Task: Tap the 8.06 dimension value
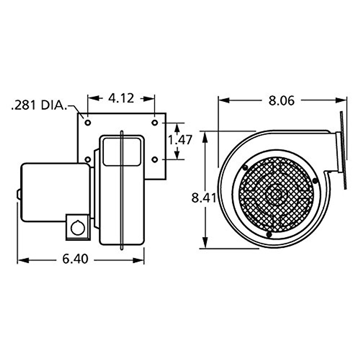point(281,101)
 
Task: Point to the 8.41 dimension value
point(204,198)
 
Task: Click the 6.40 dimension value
point(75,259)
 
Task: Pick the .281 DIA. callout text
point(38,106)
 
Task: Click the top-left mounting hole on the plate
point(88,123)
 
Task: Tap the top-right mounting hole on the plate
point(154,123)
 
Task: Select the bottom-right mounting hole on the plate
point(154,159)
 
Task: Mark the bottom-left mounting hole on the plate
point(88,159)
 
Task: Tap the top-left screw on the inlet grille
point(246,167)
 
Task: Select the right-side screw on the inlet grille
point(315,181)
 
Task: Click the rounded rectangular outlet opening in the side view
point(121,151)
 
